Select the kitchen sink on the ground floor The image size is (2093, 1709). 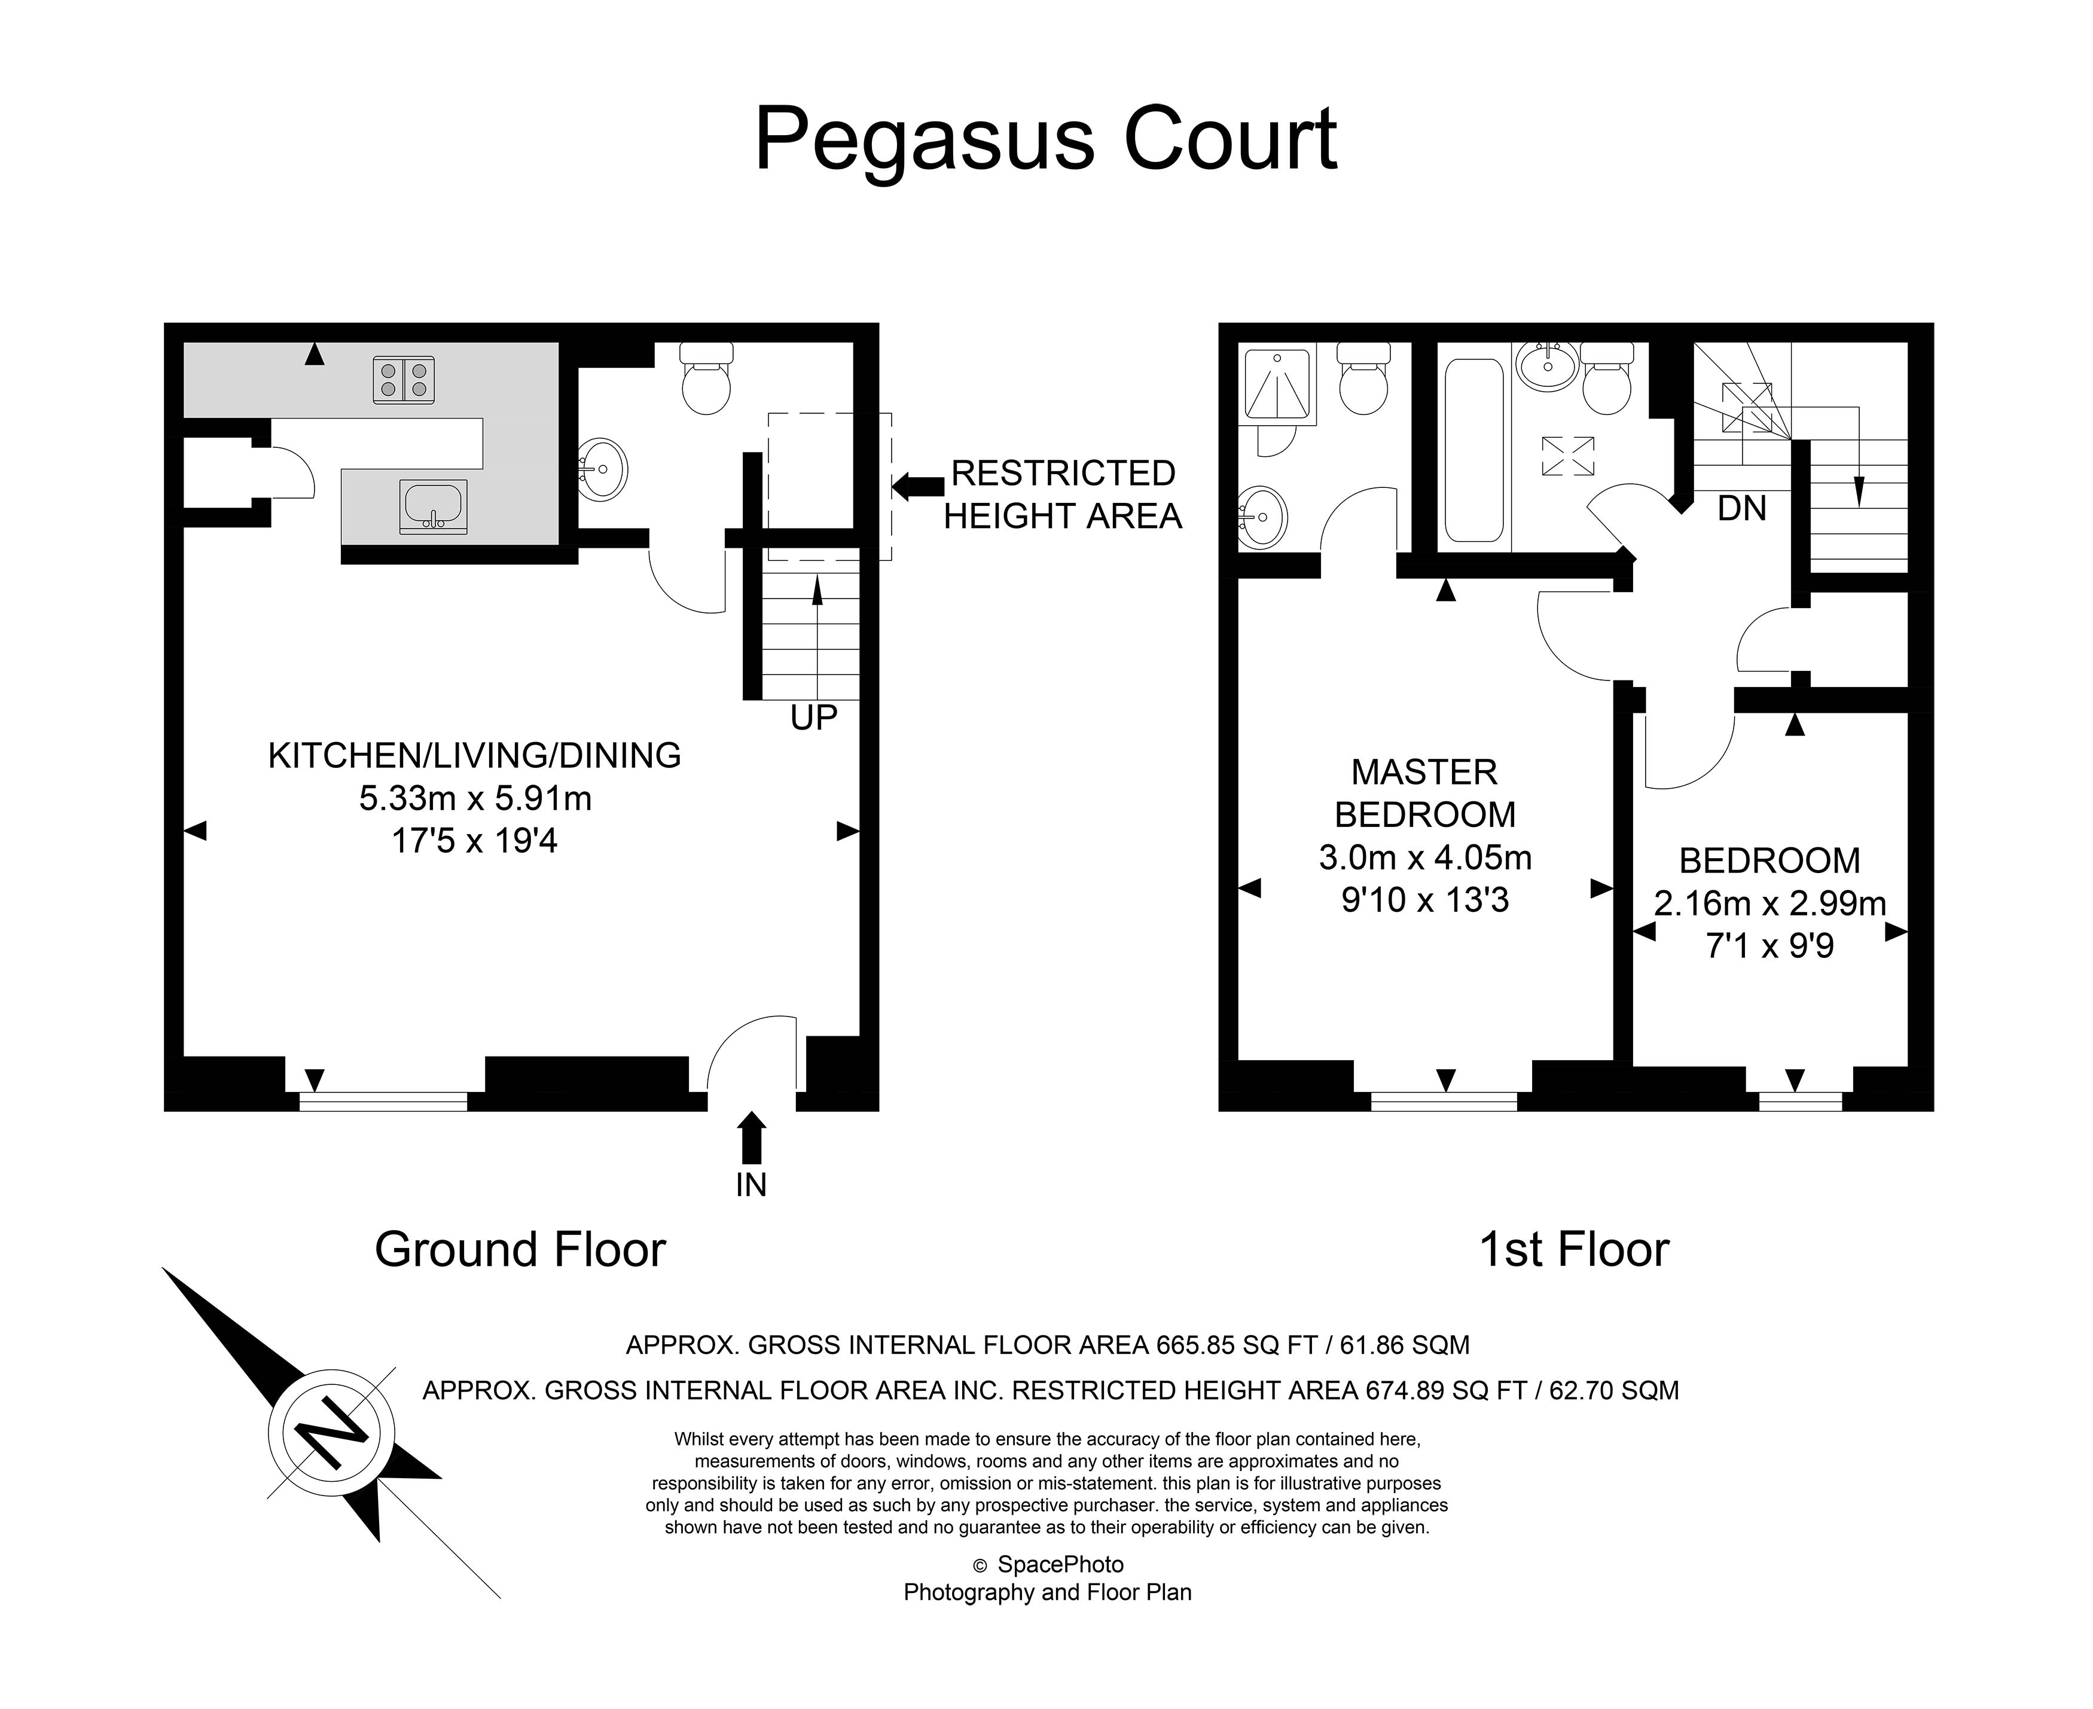(x=433, y=506)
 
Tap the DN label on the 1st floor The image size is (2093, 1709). (x=1741, y=509)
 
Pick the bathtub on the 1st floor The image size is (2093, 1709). (x=1473, y=450)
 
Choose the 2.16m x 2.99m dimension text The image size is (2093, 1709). (x=1769, y=904)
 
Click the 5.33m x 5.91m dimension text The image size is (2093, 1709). (x=475, y=798)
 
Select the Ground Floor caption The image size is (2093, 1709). (x=520, y=1249)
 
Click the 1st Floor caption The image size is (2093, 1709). (x=1574, y=1249)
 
